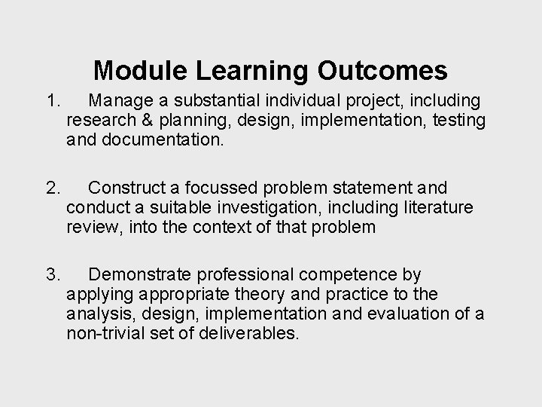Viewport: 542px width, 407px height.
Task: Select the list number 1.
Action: (x=50, y=100)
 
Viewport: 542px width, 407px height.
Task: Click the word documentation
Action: (x=162, y=139)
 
